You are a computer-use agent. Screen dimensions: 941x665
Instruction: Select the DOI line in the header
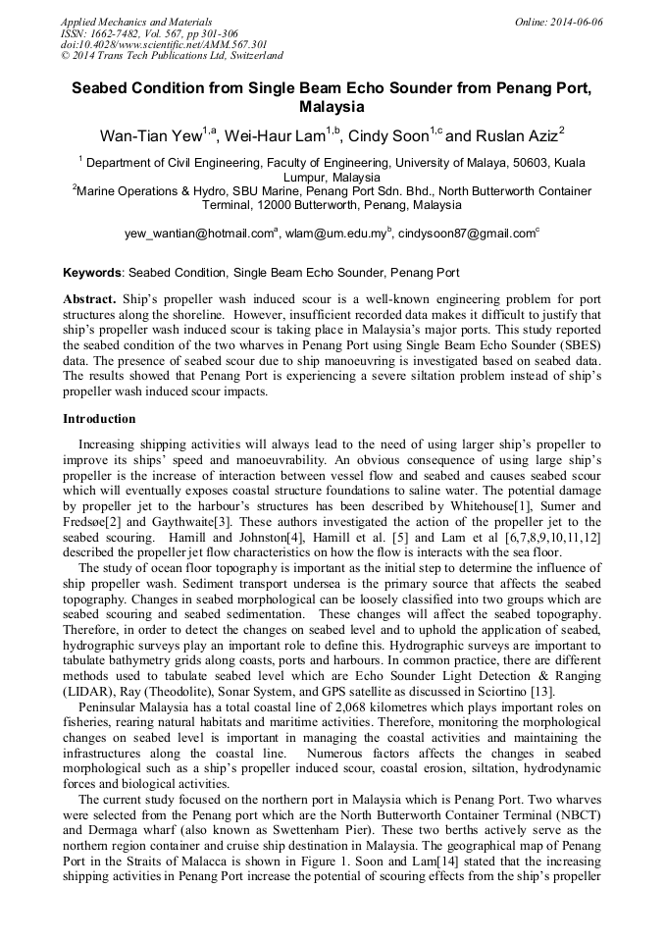point(164,45)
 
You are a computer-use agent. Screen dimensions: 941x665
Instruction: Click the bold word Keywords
point(92,272)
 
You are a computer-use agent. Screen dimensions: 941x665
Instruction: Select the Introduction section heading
point(100,419)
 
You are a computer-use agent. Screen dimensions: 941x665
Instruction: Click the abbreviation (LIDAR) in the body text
point(90,693)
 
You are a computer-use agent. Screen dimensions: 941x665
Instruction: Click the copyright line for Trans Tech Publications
point(172,57)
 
